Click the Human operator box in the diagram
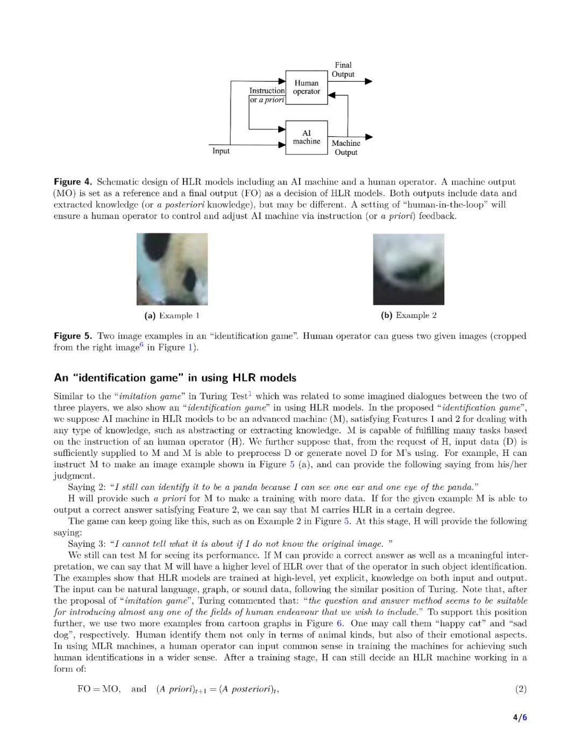tap(306, 87)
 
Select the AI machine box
tap(306, 137)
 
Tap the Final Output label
tap(343, 70)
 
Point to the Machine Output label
tap(346, 147)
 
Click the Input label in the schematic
tap(221, 151)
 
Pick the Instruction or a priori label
tap(267, 95)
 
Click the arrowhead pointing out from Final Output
tap(369, 81)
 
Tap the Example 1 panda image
tap(172, 269)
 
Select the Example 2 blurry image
tap(408, 269)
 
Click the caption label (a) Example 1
tap(172, 315)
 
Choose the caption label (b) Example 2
tap(408, 315)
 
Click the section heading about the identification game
tap(175, 378)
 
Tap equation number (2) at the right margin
tap(520, 689)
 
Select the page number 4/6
tap(520, 718)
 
